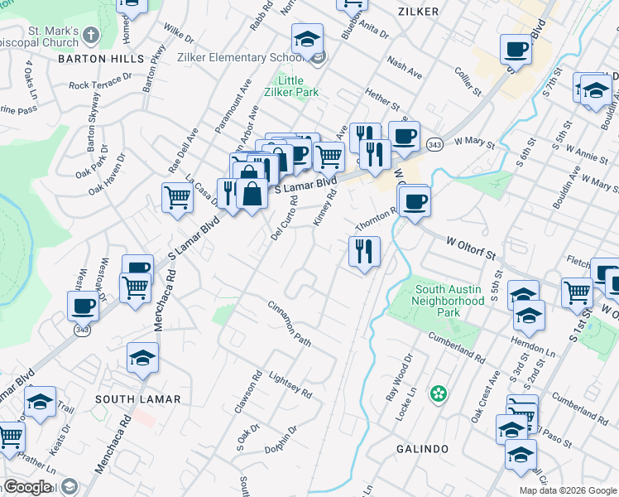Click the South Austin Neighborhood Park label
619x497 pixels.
[x=449, y=302]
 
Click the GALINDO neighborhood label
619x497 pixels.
[x=423, y=449]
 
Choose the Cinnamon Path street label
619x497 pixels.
[x=289, y=324]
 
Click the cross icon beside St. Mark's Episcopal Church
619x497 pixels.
[x=91, y=36]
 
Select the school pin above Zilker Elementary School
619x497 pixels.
[x=307, y=39]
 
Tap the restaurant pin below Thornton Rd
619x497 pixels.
[x=364, y=249]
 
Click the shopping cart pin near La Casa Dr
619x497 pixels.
[x=177, y=198]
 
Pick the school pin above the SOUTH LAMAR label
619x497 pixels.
[x=142, y=357]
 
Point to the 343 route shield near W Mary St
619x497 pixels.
[x=433, y=145]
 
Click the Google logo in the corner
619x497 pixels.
[x=28, y=486]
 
